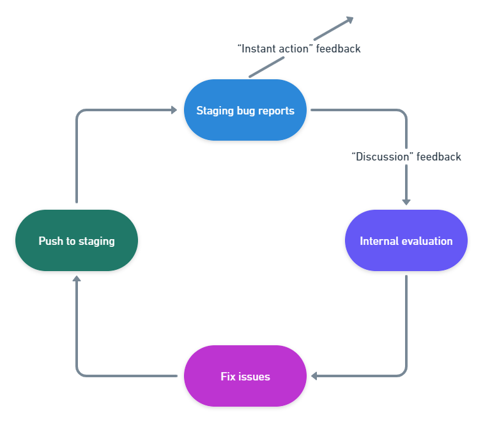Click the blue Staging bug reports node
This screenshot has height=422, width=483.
pyautogui.click(x=245, y=110)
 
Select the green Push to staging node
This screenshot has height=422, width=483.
pyautogui.click(x=77, y=240)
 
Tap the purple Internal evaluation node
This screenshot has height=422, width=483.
pyautogui.click(x=406, y=240)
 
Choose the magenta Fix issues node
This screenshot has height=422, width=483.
pyautogui.click(x=245, y=376)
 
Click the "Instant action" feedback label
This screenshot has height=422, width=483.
pyautogui.click(x=299, y=49)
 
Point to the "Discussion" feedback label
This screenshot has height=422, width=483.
pyautogui.click(x=406, y=157)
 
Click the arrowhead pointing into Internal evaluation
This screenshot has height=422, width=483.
pyautogui.click(x=406, y=201)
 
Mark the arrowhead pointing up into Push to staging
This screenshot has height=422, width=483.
pyautogui.click(x=77, y=279)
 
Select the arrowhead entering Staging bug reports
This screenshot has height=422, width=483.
pyautogui.click(x=173, y=110)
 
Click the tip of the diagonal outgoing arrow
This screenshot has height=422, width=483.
pyautogui.click(x=351, y=19)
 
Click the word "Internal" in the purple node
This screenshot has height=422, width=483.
pyautogui.click(x=379, y=241)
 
